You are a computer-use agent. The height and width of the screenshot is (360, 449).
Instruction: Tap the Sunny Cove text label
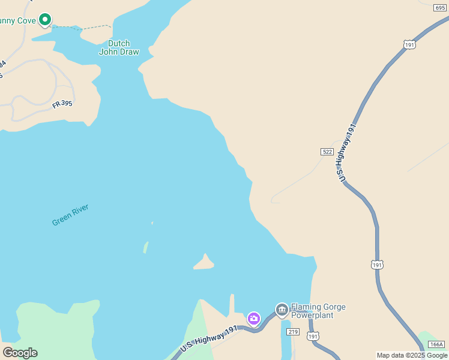click(17, 21)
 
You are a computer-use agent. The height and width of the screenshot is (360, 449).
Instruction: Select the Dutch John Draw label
click(119, 47)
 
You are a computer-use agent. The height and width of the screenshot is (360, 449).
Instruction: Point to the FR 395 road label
click(62, 104)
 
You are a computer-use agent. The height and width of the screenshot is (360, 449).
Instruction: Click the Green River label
click(70, 215)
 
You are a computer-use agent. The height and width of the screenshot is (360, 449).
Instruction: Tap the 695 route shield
click(440, 8)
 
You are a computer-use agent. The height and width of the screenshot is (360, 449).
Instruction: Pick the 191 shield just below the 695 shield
click(409, 44)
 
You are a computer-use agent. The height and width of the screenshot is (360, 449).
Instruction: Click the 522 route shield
click(327, 152)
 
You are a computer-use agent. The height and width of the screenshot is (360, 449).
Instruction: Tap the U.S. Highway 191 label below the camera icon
click(209, 340)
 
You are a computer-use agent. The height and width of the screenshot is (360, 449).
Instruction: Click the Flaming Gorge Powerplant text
click(318, 311)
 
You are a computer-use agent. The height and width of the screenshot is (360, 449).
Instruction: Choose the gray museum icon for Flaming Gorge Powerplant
click(282, 310)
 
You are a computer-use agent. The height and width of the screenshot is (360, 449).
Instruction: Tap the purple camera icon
click(254, 318)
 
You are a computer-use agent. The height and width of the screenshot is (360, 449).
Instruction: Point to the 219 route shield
click(293, 332)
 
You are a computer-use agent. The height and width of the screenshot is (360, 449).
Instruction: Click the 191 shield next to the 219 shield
click(313, 337)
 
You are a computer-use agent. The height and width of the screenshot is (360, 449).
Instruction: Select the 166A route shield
click(437, 344)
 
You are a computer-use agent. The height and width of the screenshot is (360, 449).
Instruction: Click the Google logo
click(20, 353)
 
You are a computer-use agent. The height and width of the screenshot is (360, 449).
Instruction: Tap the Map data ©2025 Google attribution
click(412, 355)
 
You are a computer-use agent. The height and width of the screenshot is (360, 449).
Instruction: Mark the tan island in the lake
click(204, 263)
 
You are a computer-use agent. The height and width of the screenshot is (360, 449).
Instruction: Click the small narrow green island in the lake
click(145, 247)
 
